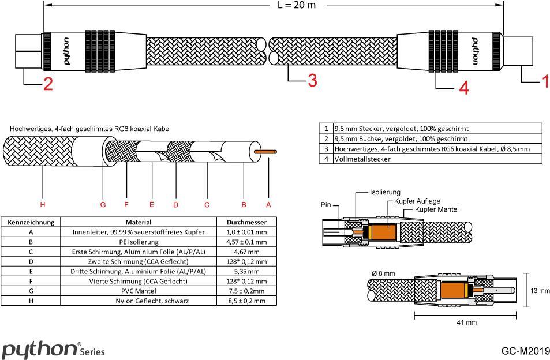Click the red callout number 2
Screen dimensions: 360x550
48,84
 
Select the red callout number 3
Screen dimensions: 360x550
312,80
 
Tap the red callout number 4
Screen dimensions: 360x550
464,88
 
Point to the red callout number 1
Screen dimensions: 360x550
544,81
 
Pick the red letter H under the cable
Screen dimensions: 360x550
42,204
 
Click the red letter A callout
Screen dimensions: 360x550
268,204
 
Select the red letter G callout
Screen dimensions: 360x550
103,204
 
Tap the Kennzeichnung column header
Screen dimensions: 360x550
31,222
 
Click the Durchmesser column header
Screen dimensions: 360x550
246,222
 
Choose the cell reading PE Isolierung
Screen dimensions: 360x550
139,242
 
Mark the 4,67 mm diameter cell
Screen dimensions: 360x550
246,252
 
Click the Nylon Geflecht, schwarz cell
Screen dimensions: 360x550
139,301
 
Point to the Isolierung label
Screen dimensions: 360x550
385,192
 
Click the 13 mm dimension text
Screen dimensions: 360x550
540,291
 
